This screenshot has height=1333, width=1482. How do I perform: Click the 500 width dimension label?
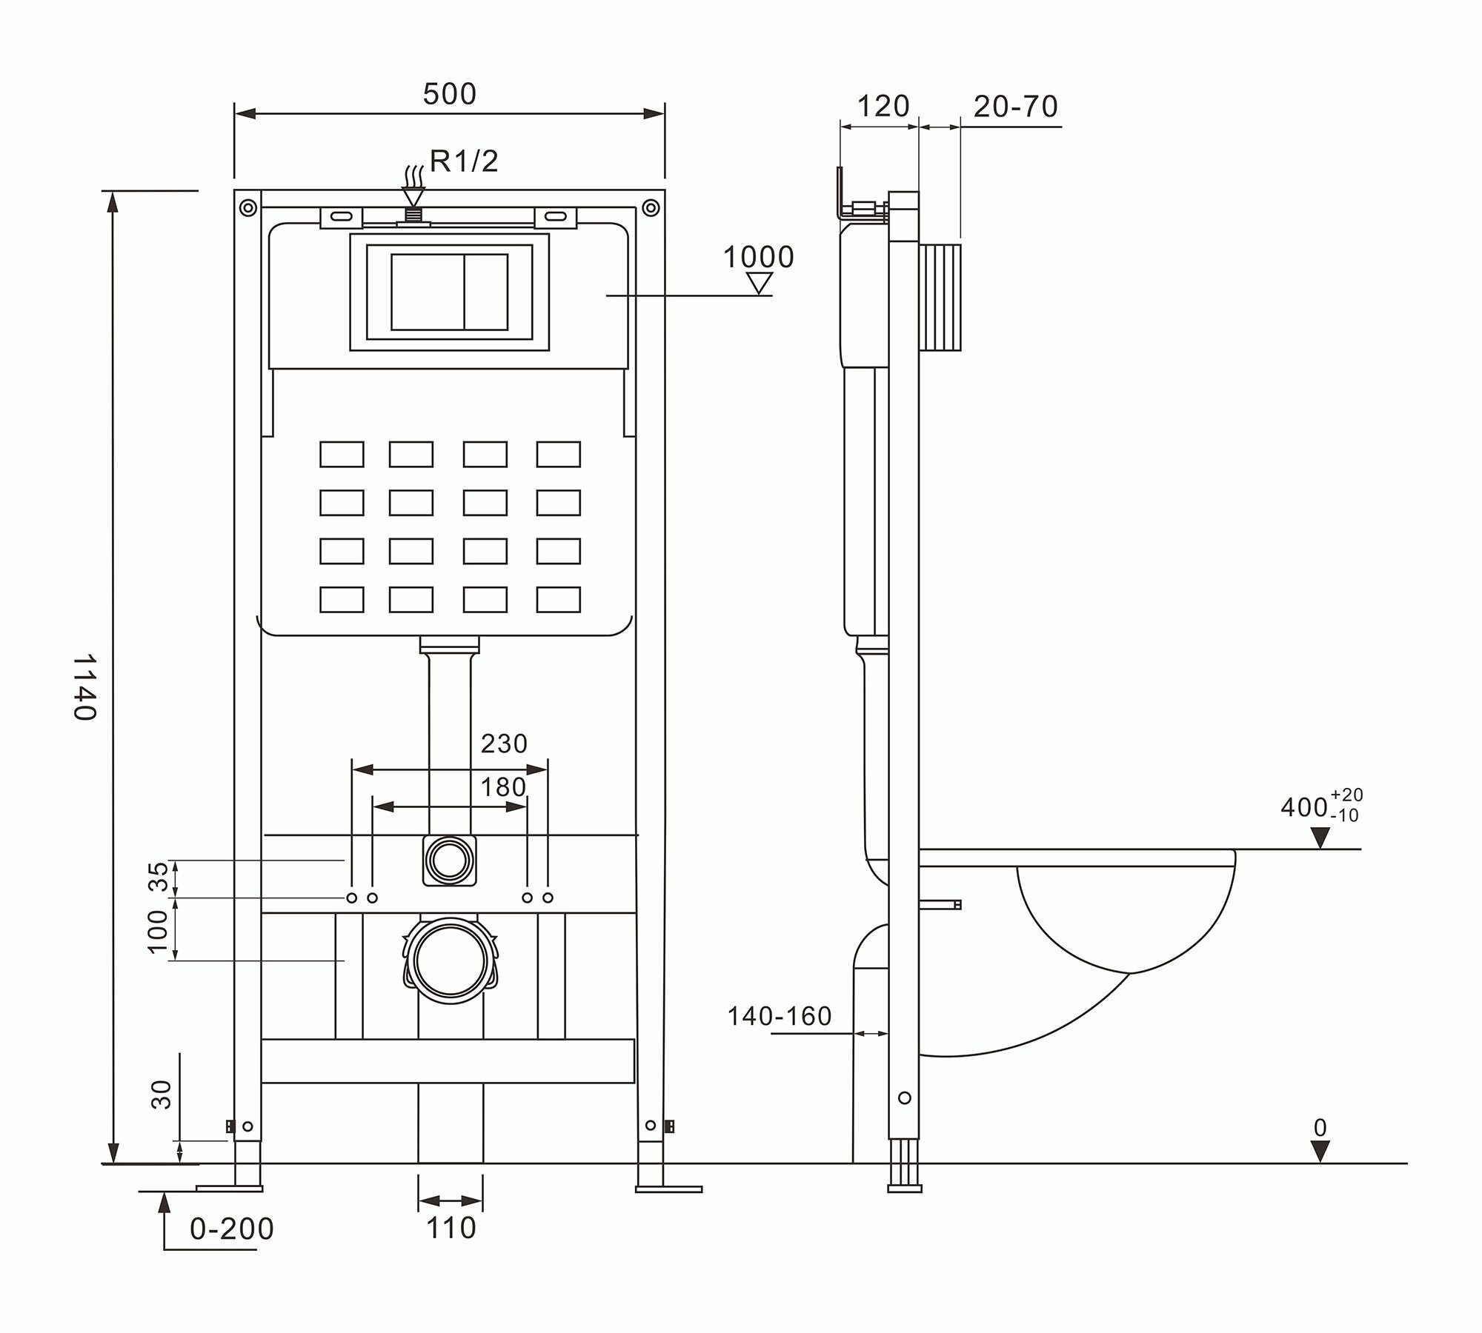coord(449,94)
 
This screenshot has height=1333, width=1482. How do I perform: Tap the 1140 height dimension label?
coord(85,686)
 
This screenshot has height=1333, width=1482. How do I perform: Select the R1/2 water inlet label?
coord(465,161)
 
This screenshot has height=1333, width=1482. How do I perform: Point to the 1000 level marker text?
coord(758,257)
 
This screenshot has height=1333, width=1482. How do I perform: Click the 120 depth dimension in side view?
coord(883,107)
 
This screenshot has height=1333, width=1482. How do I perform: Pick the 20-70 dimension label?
coord(1015,107)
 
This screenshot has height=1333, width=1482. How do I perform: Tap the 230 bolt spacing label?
coord(504,743)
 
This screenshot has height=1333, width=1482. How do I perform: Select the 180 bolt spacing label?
coord(503,787)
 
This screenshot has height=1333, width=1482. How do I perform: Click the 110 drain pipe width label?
coord(451,1228)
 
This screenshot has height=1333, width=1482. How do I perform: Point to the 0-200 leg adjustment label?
coord(232,1229)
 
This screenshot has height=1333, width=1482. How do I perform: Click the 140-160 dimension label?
coord(780,1016)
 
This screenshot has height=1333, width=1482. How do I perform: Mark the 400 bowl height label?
coord(1304,806)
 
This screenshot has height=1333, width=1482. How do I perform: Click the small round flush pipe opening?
coord(449,859)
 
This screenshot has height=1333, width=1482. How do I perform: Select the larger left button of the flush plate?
coord(427,292)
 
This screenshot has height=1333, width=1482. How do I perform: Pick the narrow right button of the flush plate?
coord(486,292)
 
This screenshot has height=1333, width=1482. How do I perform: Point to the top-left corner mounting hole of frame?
coord(247,207)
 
